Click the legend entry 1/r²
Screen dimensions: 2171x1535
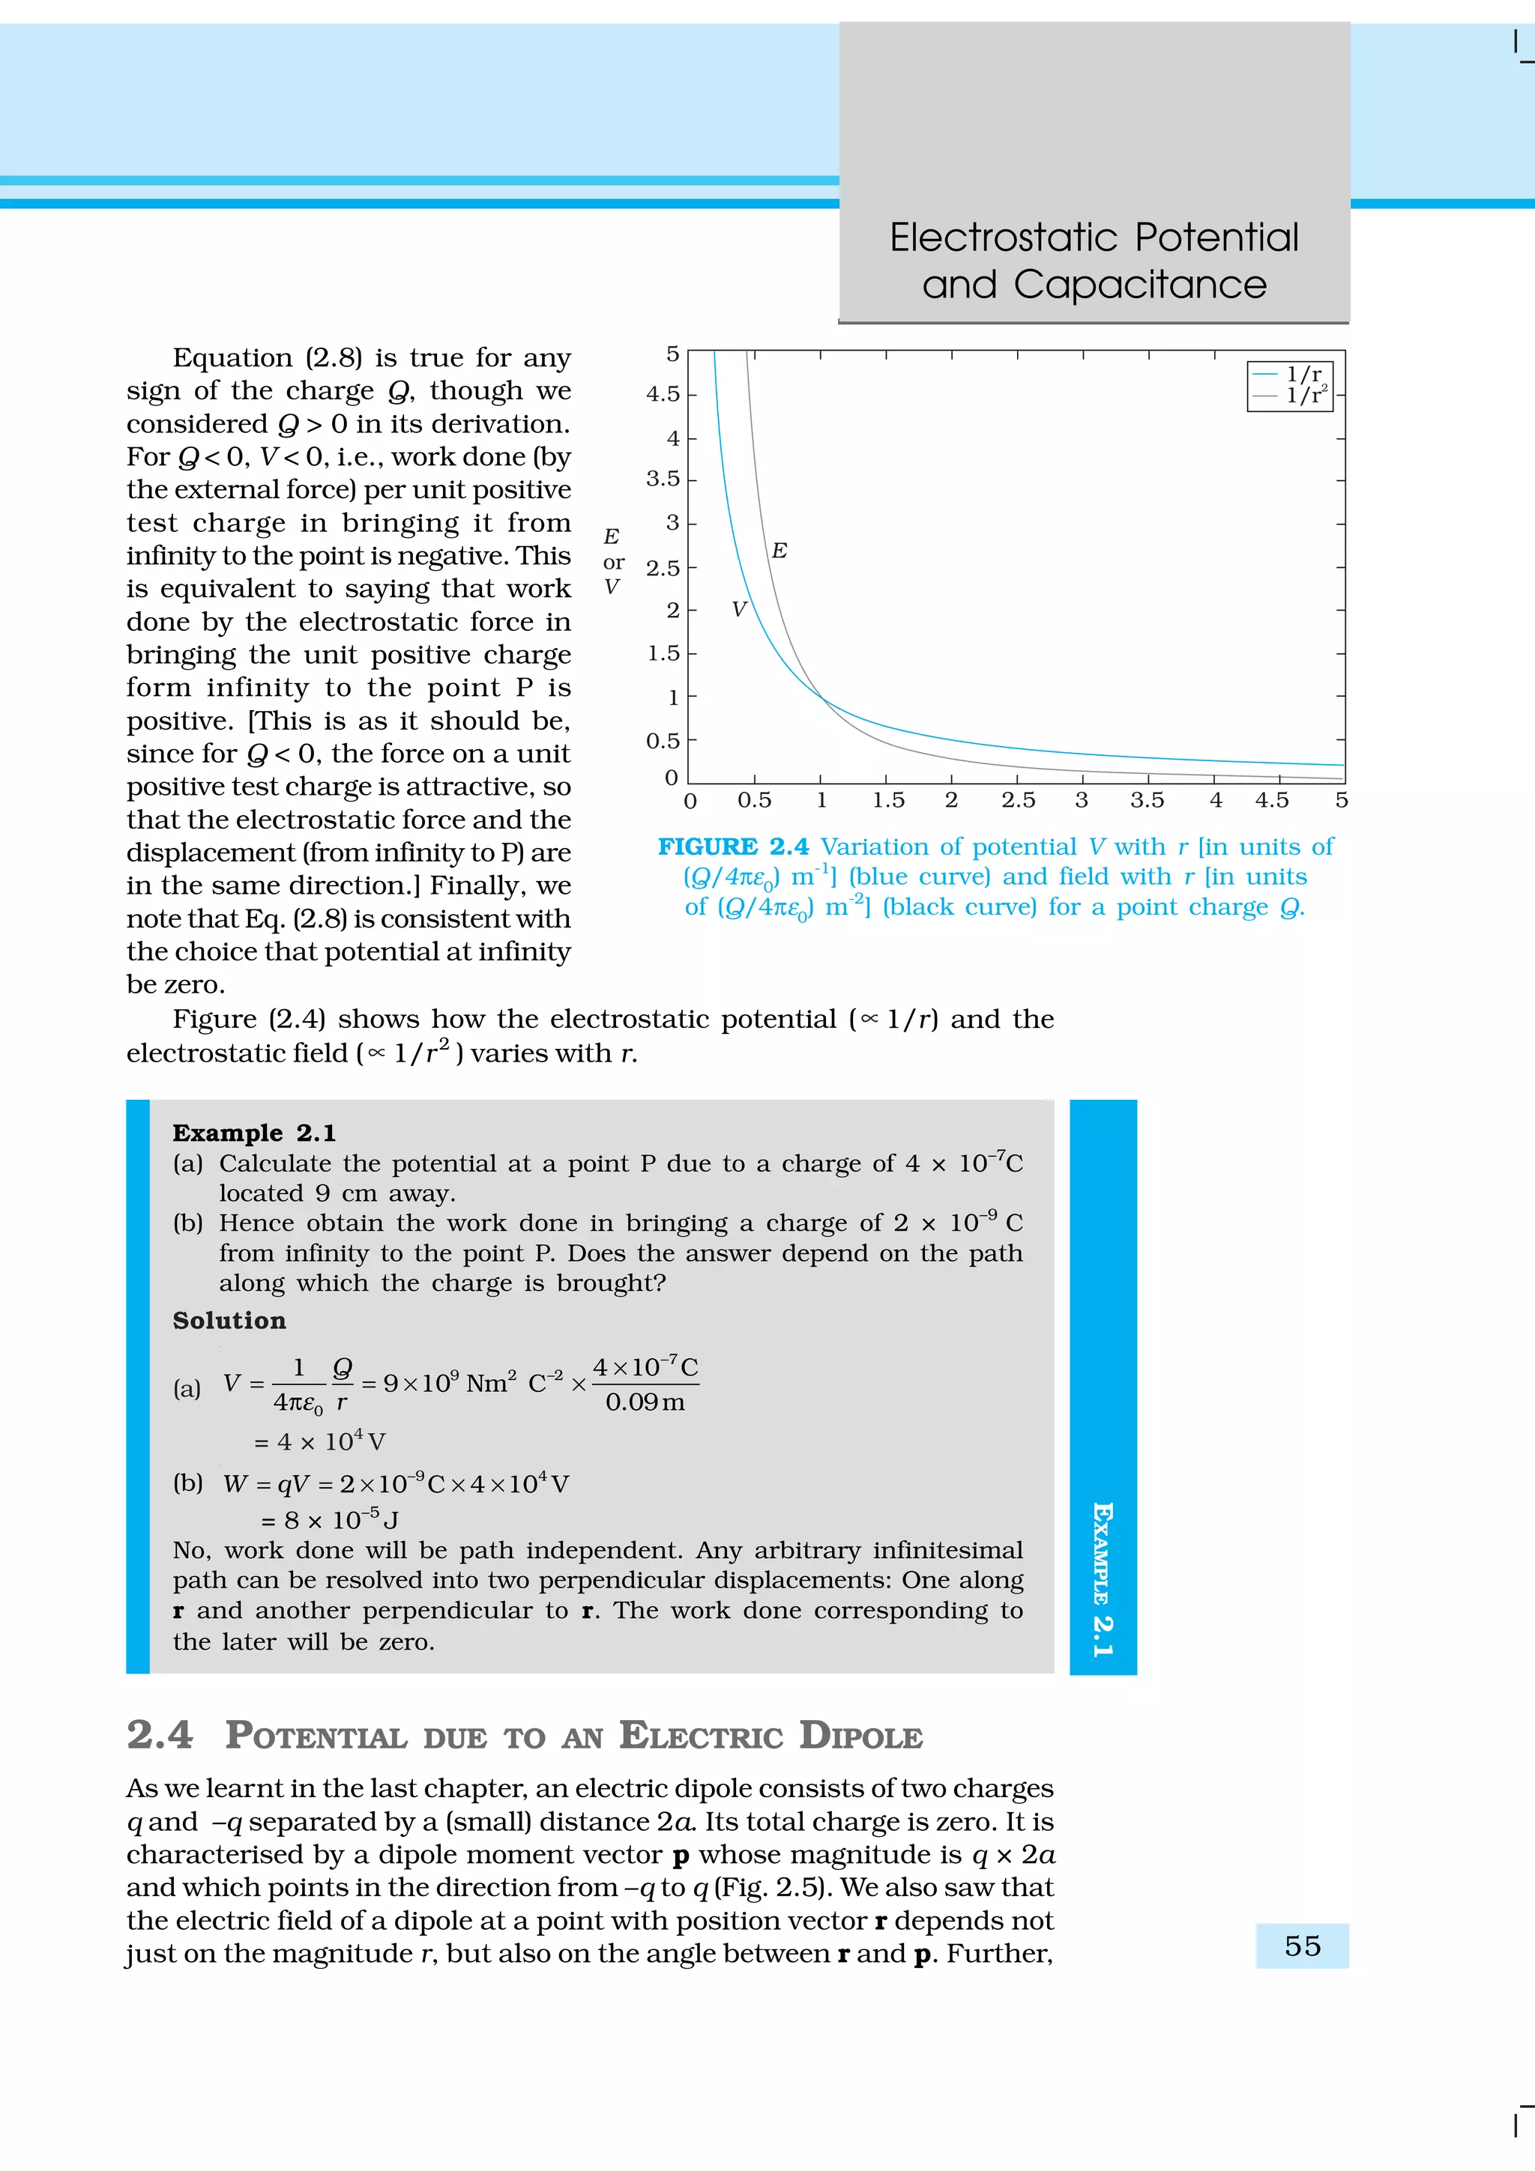[x=1305, y=396]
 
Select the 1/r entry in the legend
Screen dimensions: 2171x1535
[x=1303, y=375]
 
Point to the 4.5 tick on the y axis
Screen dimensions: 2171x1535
[x=663, y=394]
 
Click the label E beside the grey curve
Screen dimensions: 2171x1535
[x=779, y=551]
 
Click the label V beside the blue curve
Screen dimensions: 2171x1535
[x=739, y=610]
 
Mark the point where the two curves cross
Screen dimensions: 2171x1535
[x=821, y=698]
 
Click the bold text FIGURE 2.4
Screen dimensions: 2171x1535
[x=733, y=847]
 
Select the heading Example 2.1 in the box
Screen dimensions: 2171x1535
[x=253, y=1133]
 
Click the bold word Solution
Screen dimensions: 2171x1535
[x=229, y=1320]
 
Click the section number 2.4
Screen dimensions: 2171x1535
[x=159, y=1735]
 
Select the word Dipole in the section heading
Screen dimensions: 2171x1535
[x=860, y=1736]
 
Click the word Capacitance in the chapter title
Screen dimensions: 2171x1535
[x=1140, y=285]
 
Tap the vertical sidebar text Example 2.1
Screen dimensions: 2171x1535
[x=1102, y=1579]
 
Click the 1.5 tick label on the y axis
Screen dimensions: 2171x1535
[x=663, y=653]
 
